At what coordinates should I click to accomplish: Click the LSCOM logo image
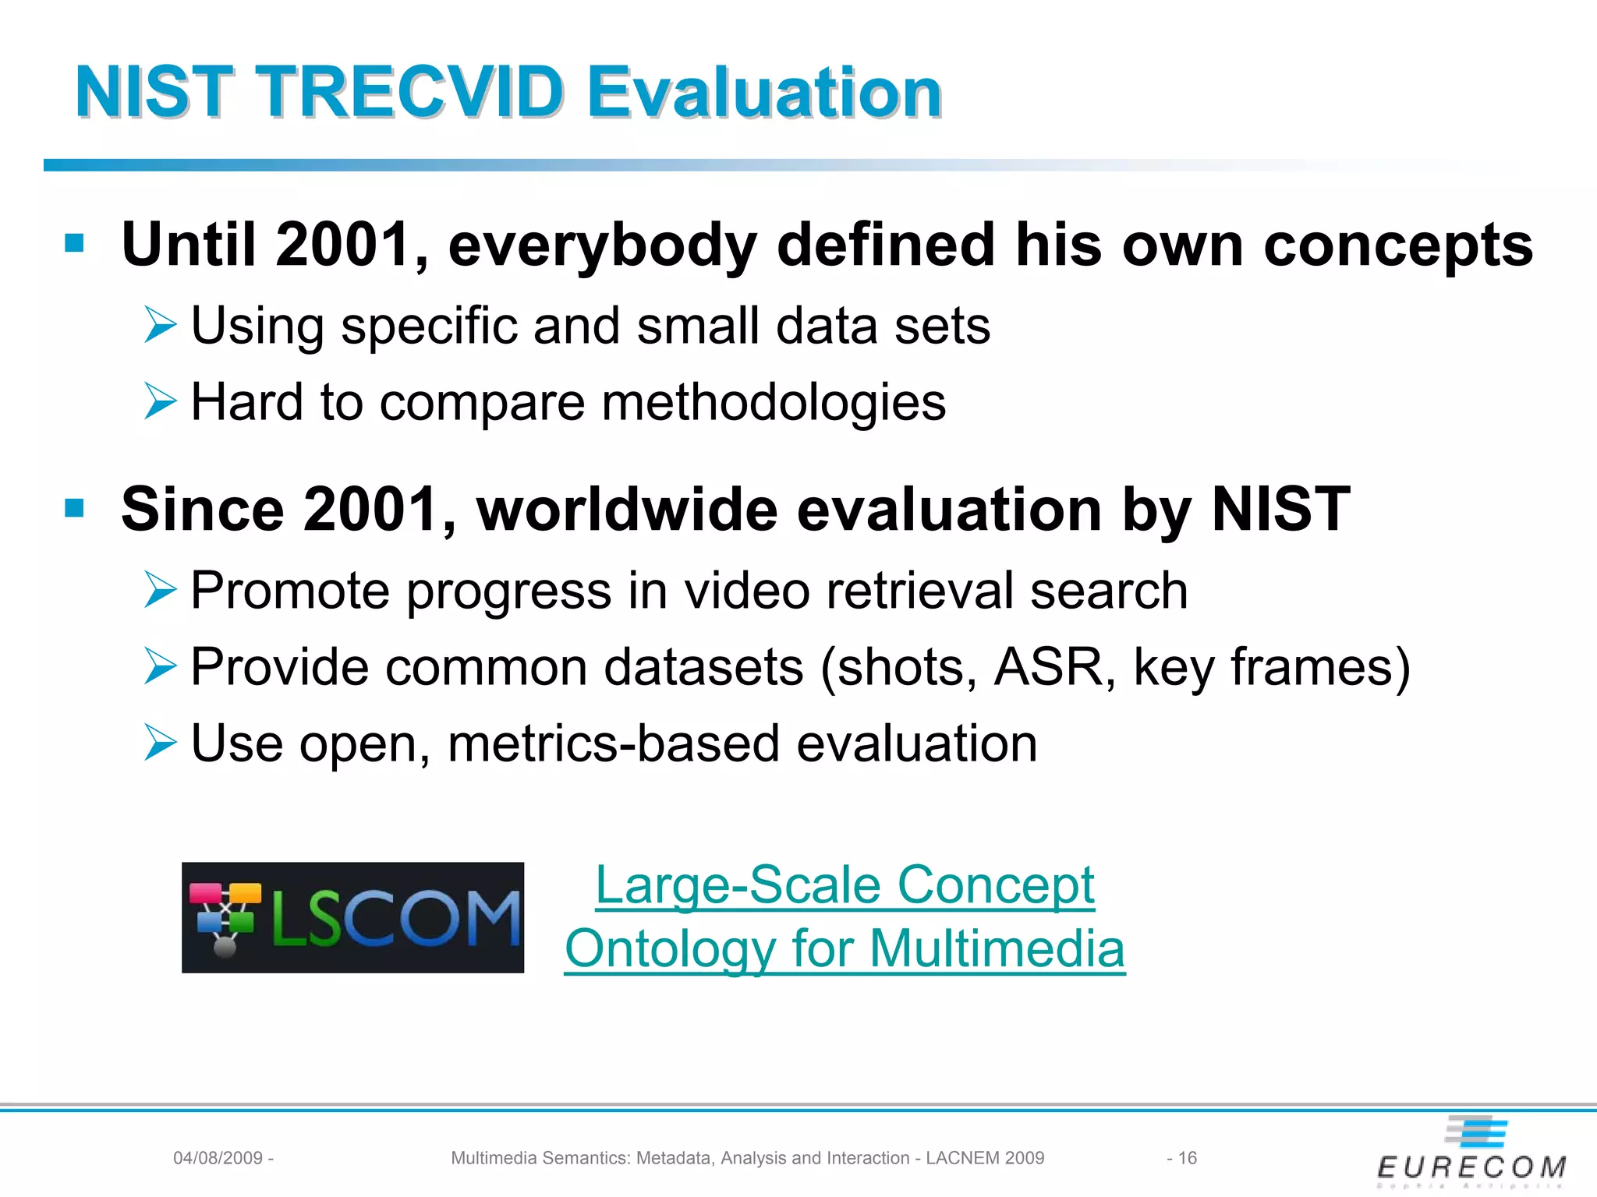[352, 917]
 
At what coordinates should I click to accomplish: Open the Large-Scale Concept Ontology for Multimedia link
[845, 916]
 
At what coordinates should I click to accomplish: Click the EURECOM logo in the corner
[1471, 1153]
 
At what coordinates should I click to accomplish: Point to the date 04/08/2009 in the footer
[218, 1158]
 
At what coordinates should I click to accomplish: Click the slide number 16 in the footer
[1187, 1158]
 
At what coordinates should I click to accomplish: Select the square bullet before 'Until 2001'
[75, 243]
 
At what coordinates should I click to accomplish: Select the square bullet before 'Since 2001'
[75, 508]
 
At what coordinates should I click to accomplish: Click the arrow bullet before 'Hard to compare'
[161, 402]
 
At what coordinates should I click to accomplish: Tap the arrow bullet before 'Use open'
[161, 742]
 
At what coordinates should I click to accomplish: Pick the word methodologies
[774, 402]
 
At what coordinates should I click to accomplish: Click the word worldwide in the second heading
[628, 509]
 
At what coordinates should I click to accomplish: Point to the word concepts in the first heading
[1397, 245]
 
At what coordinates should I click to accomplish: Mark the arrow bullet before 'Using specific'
[161, 325]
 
